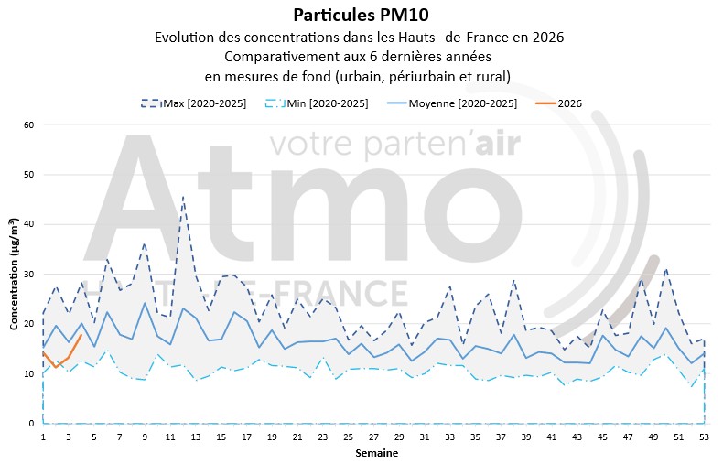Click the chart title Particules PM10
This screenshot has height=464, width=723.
361,15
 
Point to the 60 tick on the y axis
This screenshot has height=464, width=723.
29,124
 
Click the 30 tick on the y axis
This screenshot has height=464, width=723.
29,275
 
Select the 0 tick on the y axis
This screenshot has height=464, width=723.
32,424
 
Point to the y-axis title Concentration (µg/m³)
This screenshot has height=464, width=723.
15,275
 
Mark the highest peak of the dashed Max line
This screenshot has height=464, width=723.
183,196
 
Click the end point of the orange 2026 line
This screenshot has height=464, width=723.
81,335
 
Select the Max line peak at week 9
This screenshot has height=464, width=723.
145,243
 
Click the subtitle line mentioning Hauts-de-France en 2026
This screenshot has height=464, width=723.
360,38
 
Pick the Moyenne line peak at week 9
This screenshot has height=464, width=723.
145,303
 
